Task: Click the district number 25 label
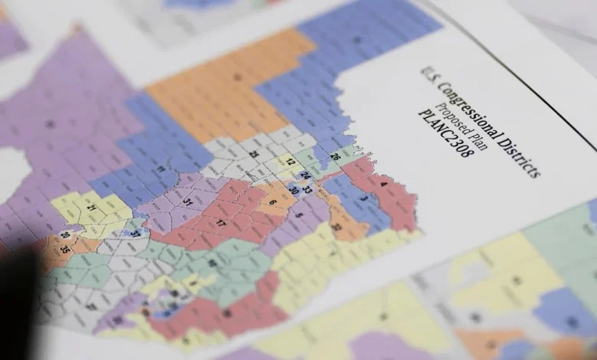(253, 155)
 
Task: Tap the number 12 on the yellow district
(291, 161)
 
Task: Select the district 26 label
(334, 157)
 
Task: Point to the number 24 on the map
(305, 175)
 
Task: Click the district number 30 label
(293, 190)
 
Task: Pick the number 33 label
(307, 188)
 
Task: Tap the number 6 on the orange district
(272, 201)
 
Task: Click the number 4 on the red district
(383, 184)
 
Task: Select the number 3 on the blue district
(364, 198)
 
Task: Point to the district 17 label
(220, 223)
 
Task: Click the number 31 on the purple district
(189, 201)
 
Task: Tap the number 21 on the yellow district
(91, 208)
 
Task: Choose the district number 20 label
(64, 235)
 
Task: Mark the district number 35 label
(64, 248)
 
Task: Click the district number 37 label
(135, 233)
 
